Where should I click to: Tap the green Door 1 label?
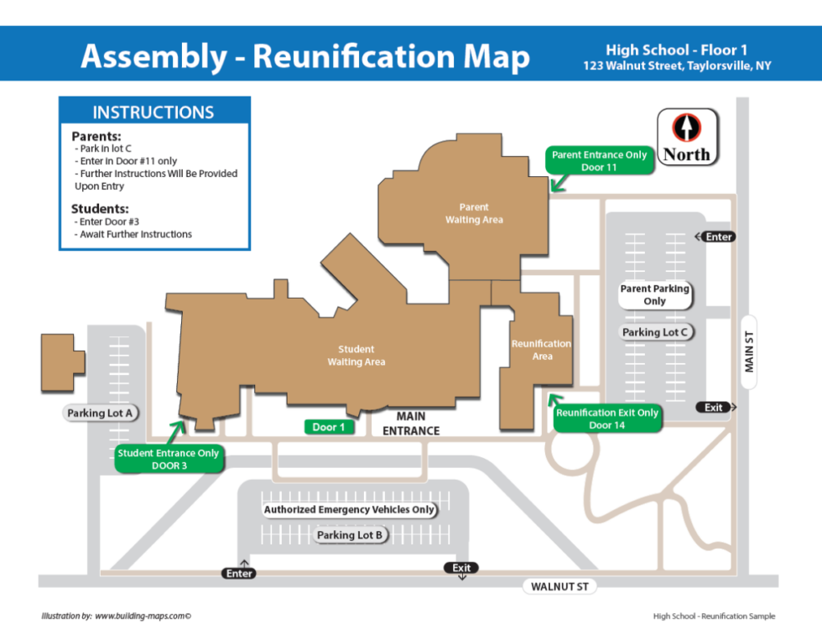tap(329, 427)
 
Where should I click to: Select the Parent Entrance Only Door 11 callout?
tap(600, 160)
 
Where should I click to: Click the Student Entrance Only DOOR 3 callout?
tap(169, 459)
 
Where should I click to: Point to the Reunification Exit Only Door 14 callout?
tap(607, 419)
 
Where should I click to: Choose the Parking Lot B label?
tap(350, 535)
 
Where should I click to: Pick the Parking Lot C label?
tap(655, 332)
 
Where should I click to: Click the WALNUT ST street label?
tap(559, 586)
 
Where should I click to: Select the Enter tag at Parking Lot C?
tap(718, 237)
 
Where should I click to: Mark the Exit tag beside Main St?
tap(713, 408)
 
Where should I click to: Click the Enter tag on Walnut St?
tap(239, 574)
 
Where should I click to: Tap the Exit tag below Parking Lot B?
tap(461, 568)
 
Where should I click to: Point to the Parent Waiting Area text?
tap(474, 213)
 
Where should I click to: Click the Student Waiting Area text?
tap(356, 356)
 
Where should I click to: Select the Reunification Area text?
tap(542, 350)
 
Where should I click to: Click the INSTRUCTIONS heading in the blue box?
tap(153, 112)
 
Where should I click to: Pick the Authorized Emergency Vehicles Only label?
tap(350, 509)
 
